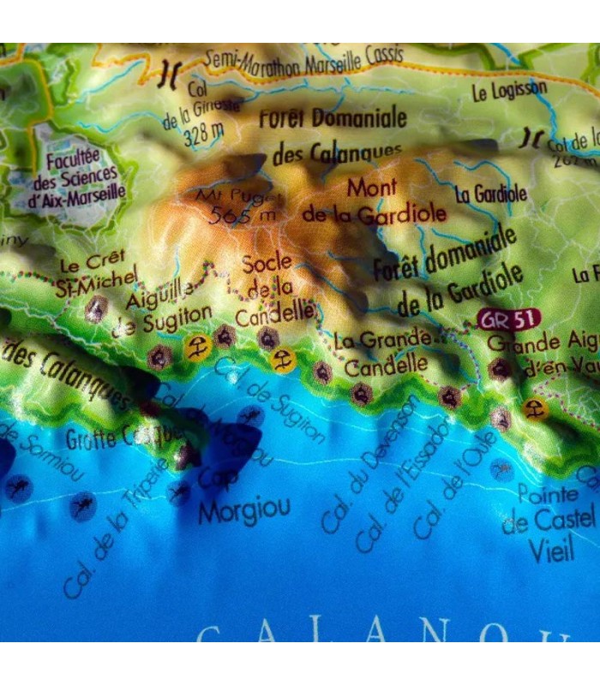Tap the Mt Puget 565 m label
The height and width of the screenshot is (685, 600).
[232, 205]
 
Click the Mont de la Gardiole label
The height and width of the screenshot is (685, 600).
[374, 201]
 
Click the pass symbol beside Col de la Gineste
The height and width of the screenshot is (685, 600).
[170, 76]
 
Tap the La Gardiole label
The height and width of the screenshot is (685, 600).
[490, 193]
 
